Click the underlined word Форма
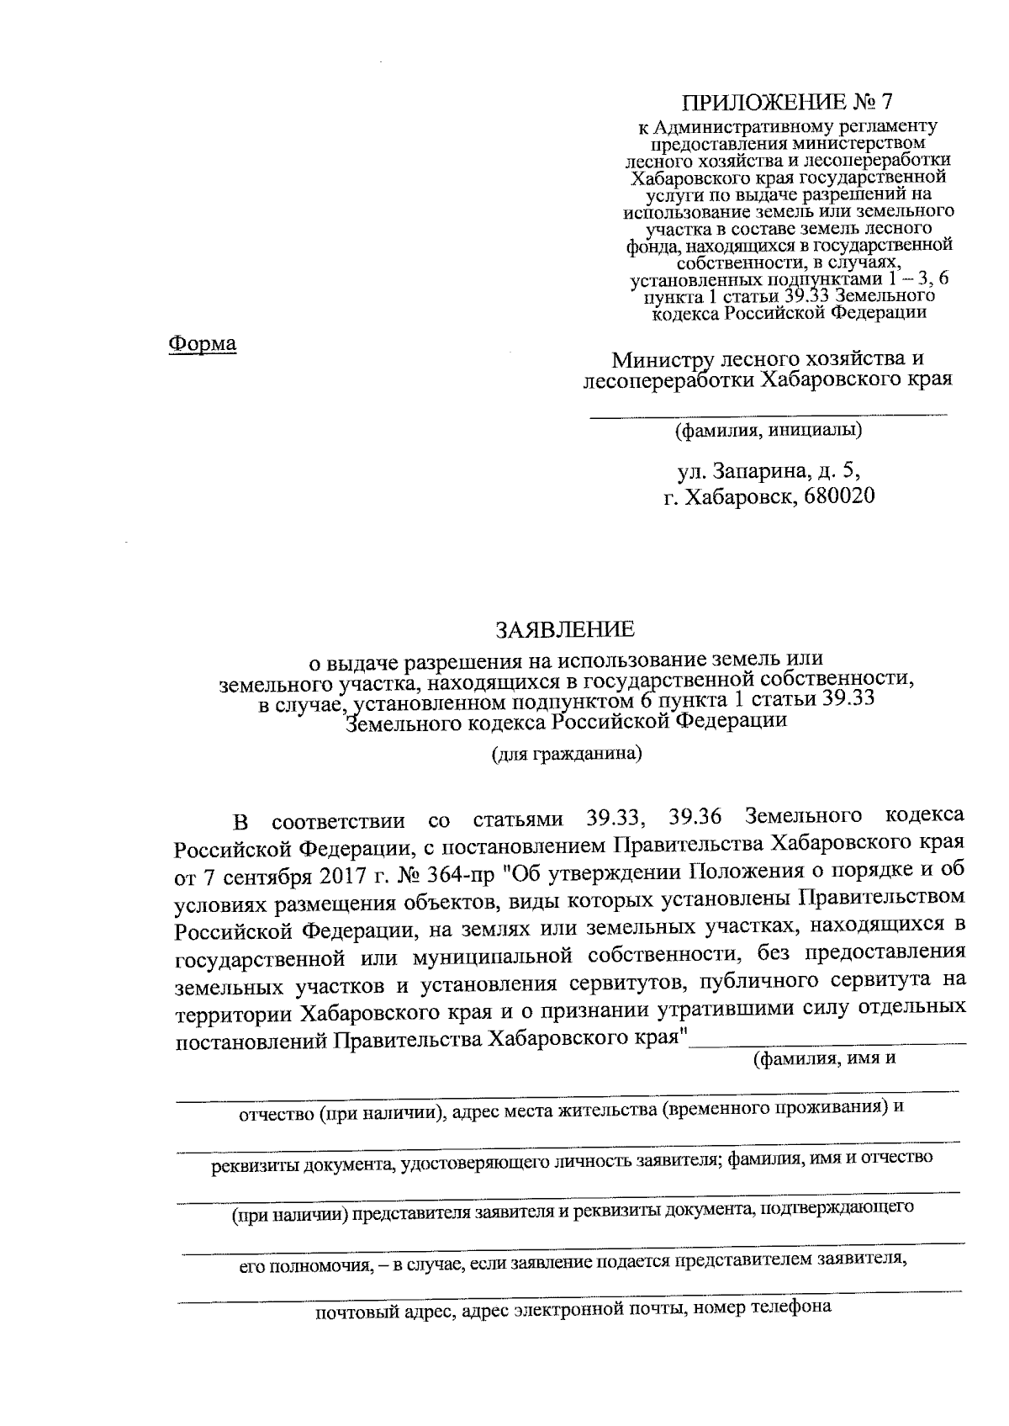[x=203, y=343]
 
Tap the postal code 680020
[x=838, y=496]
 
